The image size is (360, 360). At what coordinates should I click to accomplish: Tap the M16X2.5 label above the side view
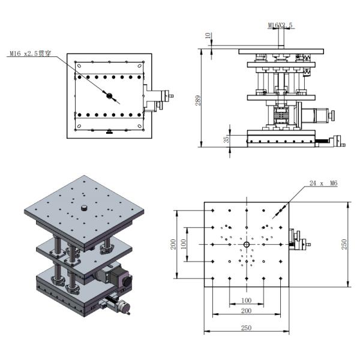tap(280, 25)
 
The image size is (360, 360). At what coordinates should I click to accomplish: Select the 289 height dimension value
tap(197, 100)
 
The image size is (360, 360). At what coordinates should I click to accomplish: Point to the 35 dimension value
tap(226, 139)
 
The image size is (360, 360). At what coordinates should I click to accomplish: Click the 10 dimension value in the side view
tap(208, 35)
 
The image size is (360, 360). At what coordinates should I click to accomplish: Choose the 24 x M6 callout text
tap(323, 183)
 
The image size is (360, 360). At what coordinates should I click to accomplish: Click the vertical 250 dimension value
tap(344, 244)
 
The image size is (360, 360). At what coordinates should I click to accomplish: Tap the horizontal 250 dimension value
tap(246, 328)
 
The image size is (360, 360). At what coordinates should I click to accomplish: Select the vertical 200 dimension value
tap(173, 244)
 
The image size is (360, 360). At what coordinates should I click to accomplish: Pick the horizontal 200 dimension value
tap(246, 311)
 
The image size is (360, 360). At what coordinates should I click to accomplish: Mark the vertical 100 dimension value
tap(183, 244)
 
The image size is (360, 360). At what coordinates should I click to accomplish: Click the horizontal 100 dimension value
tap(247, 300)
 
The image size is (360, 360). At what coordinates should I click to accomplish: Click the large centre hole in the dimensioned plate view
tap(247, 244)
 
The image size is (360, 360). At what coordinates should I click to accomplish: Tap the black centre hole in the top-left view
tap(109, 95)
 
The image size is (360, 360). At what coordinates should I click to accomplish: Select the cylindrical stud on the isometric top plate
tap(84, 208)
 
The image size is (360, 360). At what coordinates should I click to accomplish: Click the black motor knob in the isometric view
tap(127, 281)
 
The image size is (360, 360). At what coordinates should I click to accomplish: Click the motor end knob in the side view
tap(332, 115)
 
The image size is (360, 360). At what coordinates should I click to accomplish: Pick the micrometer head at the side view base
tap(337, 141)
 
